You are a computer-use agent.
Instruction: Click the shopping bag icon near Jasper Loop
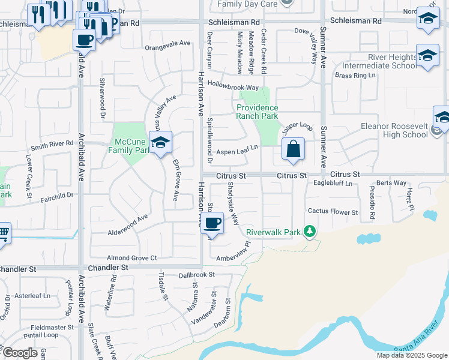point(293,149)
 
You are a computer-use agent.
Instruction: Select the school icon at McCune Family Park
point(160,143)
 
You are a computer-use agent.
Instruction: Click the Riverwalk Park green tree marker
point(309,231)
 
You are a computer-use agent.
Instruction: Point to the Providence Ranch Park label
point(257,112)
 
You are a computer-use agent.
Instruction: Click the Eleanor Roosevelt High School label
point(394,131)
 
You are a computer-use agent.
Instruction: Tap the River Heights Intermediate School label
point(379,61)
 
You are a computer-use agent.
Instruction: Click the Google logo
point(20,353)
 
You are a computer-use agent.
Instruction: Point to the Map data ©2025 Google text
point(411,355)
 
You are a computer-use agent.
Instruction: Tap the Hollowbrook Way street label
point(232,87)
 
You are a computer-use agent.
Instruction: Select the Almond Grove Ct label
point(131,257)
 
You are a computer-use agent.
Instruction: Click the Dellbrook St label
point(196,275)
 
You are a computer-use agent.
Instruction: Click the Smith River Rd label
point(52,144)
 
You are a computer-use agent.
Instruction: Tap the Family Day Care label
point(247,4)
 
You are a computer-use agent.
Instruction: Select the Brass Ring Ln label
point(355,76)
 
